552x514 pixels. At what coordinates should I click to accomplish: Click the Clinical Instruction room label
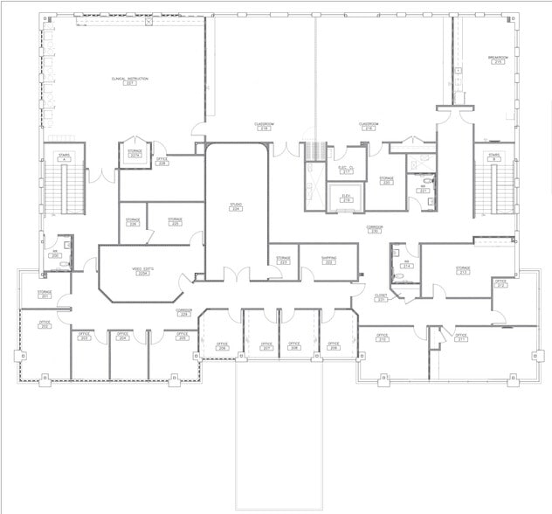130,80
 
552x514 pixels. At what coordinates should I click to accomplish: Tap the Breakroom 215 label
498,60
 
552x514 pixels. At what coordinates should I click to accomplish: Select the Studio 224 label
236,208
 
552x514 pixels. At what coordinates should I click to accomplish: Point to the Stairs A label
64,156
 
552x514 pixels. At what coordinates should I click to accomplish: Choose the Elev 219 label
346,198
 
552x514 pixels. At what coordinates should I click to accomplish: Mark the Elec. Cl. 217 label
345,170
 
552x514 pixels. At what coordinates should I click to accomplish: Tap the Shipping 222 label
329,260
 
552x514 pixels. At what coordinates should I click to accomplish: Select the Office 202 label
45,325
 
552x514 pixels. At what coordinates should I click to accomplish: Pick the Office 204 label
123,336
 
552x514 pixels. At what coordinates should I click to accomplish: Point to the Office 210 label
382,337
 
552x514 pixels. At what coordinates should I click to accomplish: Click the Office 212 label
500,283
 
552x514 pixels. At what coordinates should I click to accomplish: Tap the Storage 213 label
462,270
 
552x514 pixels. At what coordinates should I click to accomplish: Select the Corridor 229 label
184,312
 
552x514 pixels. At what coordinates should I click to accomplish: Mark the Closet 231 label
381,297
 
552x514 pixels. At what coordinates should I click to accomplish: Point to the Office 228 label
162,162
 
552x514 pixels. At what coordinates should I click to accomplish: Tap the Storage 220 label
386,181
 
